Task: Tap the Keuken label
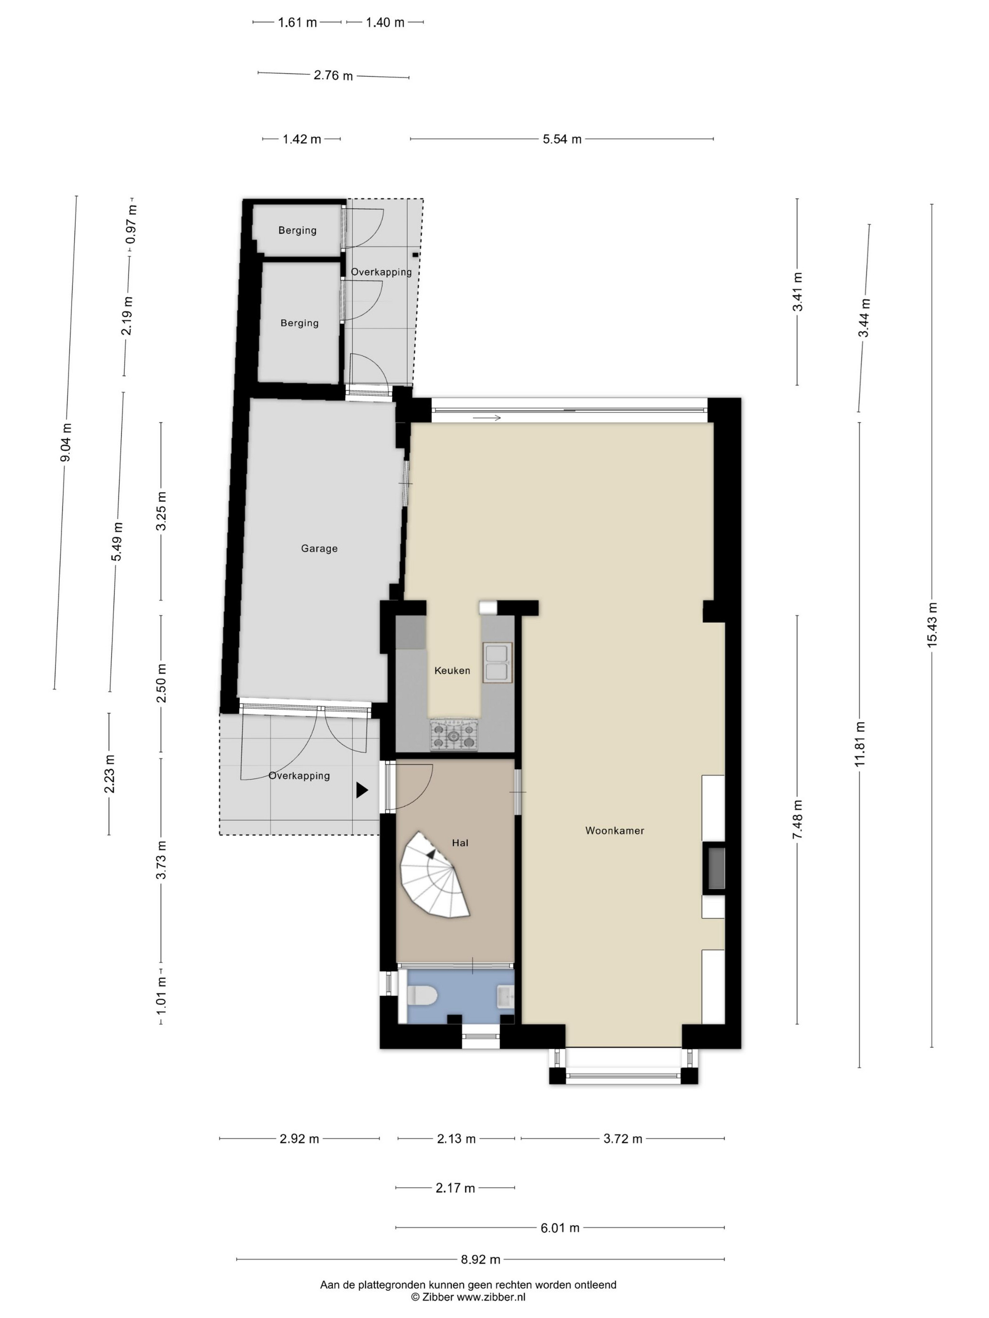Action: coord(452,670)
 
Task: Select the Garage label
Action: coord(319,548)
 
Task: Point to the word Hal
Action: coord(460,843)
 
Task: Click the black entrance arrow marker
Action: coord(362,790)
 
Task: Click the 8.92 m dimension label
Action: coord(480,1260)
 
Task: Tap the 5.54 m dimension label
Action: coord(561,139)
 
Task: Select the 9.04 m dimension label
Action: coord(66,442)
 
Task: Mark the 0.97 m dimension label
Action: coord(131,224)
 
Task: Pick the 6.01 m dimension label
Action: coord(560,1228)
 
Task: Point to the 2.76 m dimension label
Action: coord(333,75)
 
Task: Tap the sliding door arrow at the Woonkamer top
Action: coord(487,418)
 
